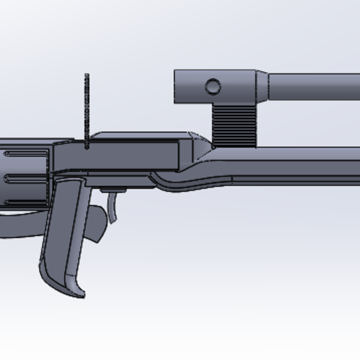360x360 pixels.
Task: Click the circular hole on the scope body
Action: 213,87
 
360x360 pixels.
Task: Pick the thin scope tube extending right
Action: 314,87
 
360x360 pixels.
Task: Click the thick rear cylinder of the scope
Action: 216,87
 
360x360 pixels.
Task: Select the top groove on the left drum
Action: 17,153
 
